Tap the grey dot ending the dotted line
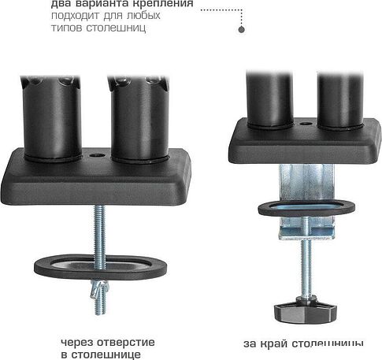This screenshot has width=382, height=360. [x=241, y=29]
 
